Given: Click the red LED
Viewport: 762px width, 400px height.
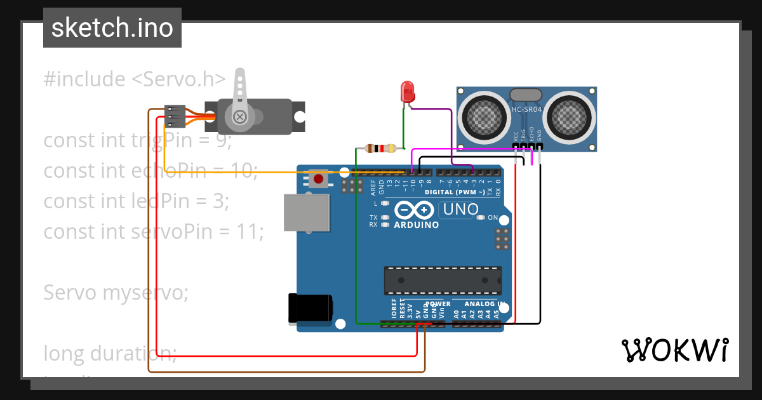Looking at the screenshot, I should tap(406, 93).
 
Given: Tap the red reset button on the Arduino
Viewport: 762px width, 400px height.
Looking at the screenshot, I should tap(318, 179).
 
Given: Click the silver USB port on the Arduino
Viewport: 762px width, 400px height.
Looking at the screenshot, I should tap(307, 212).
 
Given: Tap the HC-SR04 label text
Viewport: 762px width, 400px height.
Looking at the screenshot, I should tap(526, 110).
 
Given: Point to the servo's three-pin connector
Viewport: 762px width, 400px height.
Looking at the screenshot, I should tap(175, 116).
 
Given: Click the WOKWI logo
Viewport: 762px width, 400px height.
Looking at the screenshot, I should tap(674, 350).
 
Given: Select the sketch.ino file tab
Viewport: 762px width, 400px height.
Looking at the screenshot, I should tap(112, 28).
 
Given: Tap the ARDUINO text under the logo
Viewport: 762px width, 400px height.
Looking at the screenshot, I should tap(416, 225).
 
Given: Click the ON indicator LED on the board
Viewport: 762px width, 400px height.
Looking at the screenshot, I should tap(481, 218).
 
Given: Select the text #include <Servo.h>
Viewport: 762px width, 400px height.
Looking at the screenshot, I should tap(135, 79).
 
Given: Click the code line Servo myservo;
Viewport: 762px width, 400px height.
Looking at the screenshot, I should tap(116, 293).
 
